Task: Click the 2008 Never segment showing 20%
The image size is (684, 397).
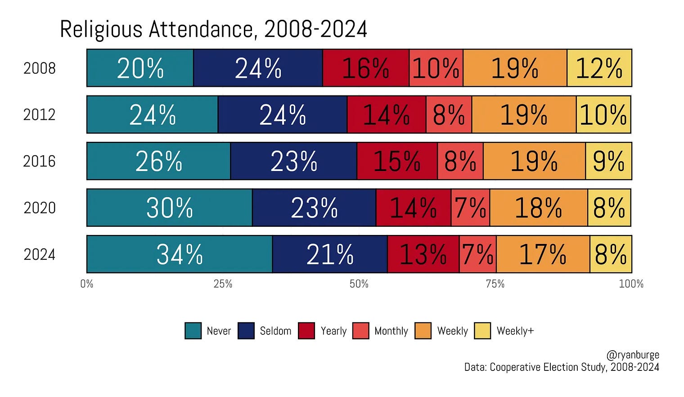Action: coord(140,68)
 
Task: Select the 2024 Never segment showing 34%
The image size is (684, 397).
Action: coord(180,254)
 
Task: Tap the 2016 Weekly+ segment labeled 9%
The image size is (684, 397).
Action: coord(608,161)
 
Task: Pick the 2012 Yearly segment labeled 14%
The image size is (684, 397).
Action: coord(387,114)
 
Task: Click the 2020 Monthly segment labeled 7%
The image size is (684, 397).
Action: coord(471,208)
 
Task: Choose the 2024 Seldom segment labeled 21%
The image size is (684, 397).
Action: coord(330,254)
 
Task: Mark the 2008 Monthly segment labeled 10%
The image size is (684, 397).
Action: coord(436,68)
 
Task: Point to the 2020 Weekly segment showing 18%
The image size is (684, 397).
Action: coord(539,208)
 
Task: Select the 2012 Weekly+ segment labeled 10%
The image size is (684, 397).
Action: coord(604,114)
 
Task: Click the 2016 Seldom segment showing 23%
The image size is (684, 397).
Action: coord(294,161)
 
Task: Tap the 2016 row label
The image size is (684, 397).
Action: coord(40,161)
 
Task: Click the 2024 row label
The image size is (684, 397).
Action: coord(40,254)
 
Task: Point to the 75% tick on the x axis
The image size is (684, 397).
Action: coord(495,284)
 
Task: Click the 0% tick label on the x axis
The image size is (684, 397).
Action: coord(87,284)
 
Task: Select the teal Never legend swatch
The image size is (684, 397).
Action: coord(193,331)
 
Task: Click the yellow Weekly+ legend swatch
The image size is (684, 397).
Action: coord(482,331)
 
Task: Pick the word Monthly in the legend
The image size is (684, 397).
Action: coord(391,331)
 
